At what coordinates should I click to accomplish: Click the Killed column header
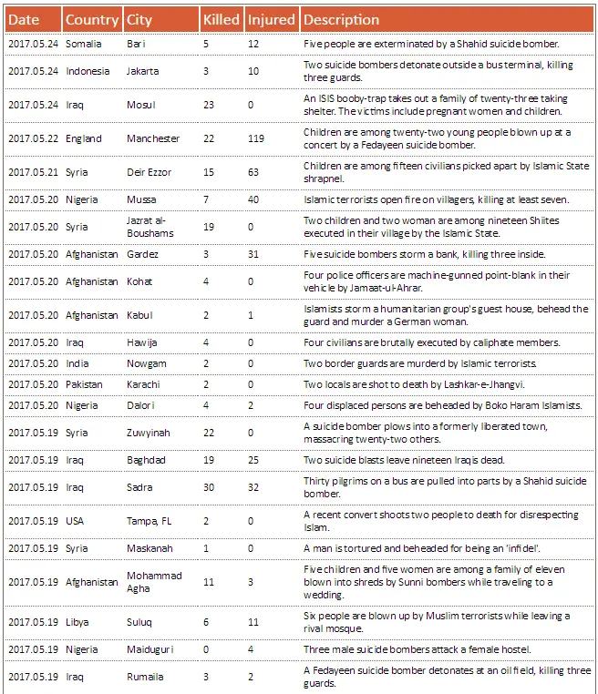click(222, 19)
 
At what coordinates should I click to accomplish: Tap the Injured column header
click(272, 19)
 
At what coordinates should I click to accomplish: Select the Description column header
click(341, 19)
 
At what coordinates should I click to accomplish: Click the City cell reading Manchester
click(153, 138)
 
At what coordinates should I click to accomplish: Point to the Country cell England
click(84, 138)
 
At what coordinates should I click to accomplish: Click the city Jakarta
click(142, 71)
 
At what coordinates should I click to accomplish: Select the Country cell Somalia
click(84, 43)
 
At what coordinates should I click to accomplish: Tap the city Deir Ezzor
click(149, 172)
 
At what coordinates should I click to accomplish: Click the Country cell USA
click(75, 521)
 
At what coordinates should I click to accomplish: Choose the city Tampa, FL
click(149, 521)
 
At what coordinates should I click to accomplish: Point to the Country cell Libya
click(77, 622)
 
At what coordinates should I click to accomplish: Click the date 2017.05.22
click(33, 138)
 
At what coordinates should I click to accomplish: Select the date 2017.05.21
click(33, 172)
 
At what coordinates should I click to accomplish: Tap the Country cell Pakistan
click(84, 384)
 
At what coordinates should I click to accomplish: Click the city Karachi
click(143, 384)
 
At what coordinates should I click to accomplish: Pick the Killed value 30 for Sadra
click(209, 487)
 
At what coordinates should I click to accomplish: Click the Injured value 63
click(253, 172)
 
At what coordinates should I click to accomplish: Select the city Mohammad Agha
click(154, 582)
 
